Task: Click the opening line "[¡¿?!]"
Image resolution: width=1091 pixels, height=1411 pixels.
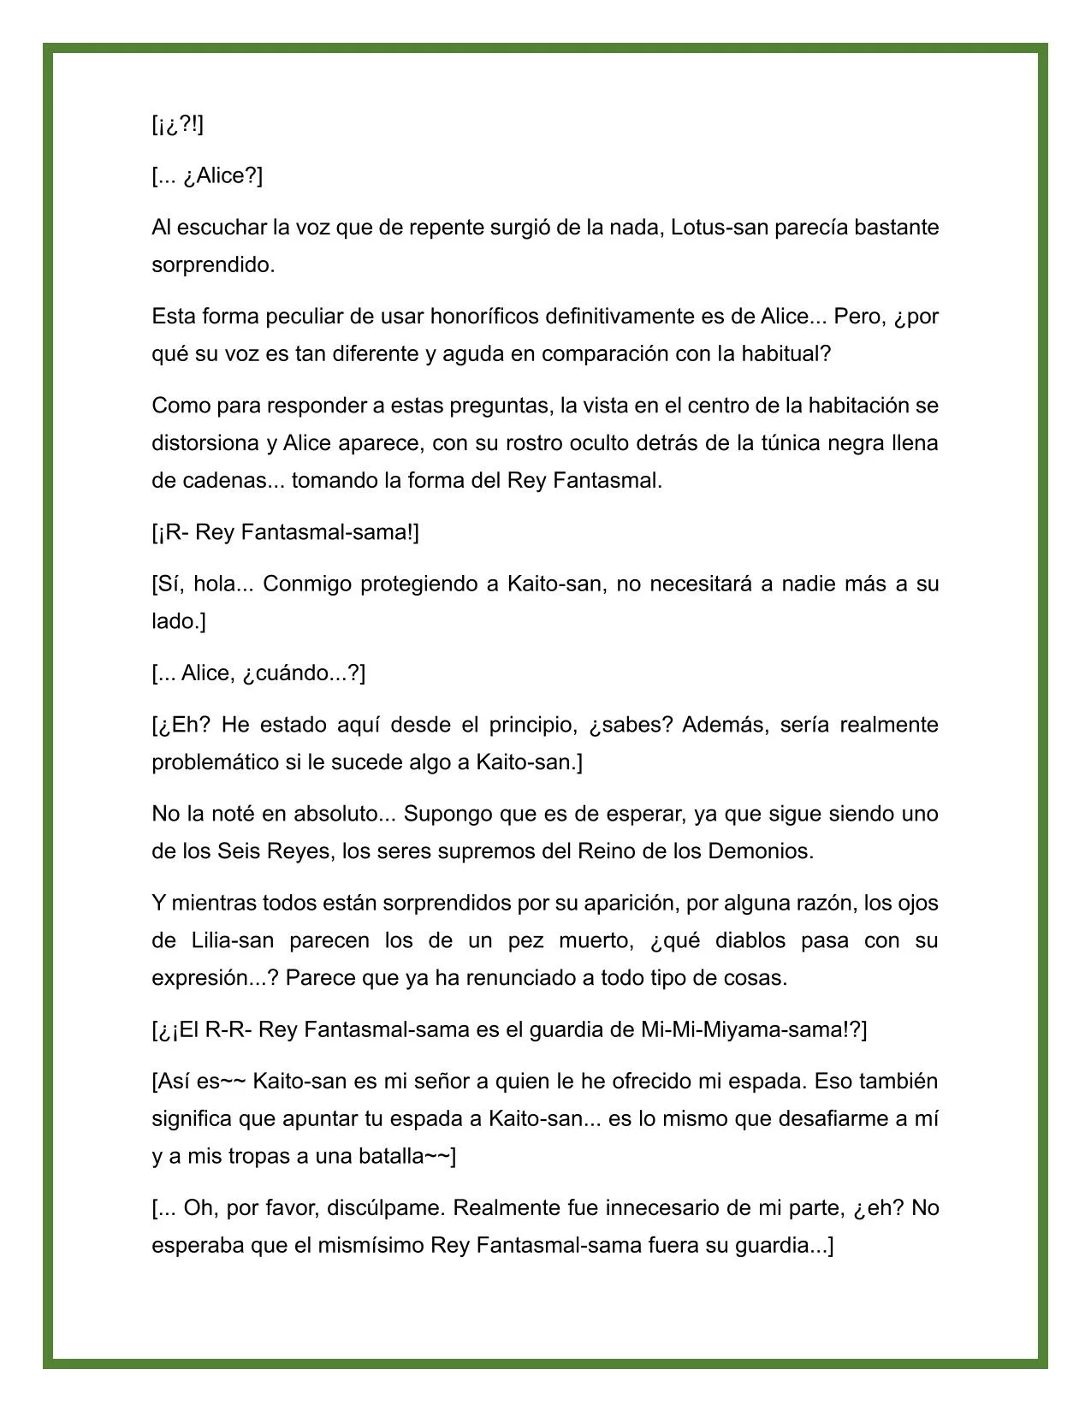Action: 178,125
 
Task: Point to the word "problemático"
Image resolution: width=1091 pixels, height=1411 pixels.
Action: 215,762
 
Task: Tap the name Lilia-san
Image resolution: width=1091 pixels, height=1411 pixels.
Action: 226,940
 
